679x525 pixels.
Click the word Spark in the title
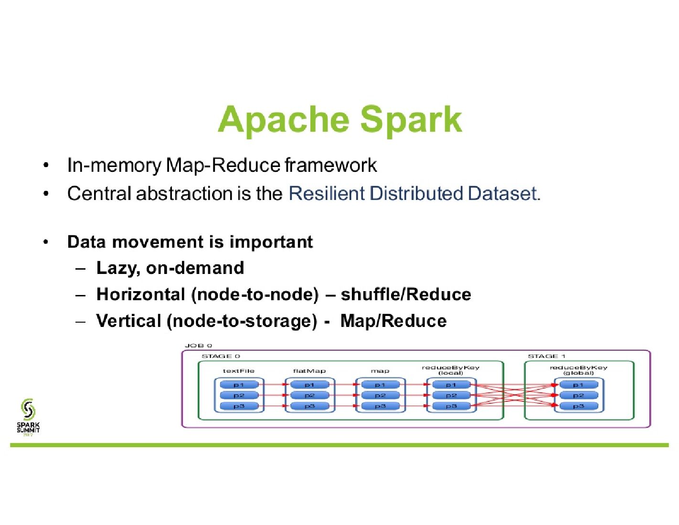pos(411,120)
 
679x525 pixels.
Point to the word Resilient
pos(327,193)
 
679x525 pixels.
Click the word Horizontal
pos(140,294)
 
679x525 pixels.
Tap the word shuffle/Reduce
pos(406,294)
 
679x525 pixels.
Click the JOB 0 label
pos(198,346)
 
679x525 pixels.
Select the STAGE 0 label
pos(221,356)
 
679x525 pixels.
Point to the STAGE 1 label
pos(546,356)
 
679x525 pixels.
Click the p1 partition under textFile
pos(239,385)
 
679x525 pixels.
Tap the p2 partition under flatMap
pos(309,395)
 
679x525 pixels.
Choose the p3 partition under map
pos(380,406)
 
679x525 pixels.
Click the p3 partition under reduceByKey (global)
pos(578,406)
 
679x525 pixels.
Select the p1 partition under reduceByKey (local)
pos(451,385)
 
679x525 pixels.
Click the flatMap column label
pos(309,371)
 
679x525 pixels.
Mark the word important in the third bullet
pos(271,242)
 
